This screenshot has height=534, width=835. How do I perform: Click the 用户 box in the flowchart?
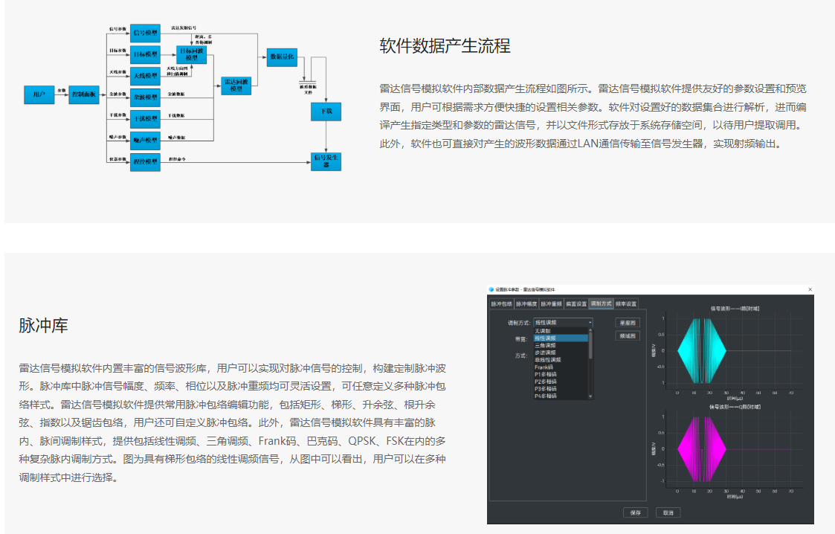pos(39,94)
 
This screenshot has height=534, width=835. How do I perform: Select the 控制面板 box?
pos(85,94)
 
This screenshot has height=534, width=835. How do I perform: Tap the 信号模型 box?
pos(146,33)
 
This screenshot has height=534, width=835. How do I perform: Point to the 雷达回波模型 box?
pos(236,86)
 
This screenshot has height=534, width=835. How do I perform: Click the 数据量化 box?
pos(282,57)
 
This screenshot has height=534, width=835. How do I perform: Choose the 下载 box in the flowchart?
pos(326,112)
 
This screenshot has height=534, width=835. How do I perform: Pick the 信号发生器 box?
pos(326,161)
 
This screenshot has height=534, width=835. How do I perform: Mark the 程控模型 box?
pos(146,161)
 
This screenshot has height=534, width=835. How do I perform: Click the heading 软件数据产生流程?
pos(445,46)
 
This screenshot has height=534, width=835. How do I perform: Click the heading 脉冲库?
pos(44,326)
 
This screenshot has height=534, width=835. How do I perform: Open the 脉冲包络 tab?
pos(502,303)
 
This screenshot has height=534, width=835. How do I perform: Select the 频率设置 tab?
pos(626,303)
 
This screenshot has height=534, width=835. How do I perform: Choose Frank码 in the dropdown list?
pos(544,367)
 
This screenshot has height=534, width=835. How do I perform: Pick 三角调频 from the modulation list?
pos(546,345)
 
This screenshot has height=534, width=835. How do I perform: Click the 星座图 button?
pos(627,323)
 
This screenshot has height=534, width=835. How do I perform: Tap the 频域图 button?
pos(627,336)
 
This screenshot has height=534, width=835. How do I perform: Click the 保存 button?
pos(635,512)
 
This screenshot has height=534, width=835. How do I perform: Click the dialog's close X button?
pos(810,289)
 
